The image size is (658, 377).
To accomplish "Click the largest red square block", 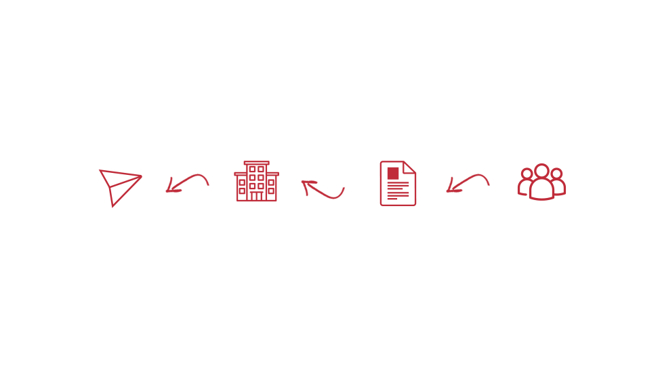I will pos(135,192).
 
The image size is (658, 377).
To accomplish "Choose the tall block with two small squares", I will pos(254,184).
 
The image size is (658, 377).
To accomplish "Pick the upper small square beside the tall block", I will pos(273,180).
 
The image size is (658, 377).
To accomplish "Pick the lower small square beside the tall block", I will pos(273,193).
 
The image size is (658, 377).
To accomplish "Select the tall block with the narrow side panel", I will pos(396,185).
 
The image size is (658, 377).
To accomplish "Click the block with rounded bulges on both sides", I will pos(542,182).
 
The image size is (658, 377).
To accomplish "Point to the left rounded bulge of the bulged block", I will pos(521,191).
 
